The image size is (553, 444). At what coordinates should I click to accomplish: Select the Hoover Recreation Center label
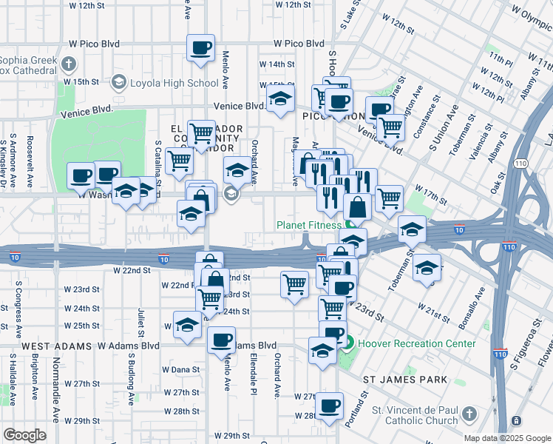point(417,343)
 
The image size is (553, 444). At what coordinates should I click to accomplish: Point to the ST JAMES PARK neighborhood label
point(406,380)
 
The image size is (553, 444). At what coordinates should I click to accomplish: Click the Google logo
point(24,435)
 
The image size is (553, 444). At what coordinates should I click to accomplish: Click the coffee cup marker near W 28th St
point(329,406)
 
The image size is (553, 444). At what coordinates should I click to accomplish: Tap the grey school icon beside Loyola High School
point(118,83)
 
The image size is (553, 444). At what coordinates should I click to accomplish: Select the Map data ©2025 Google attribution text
point(506,437)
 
